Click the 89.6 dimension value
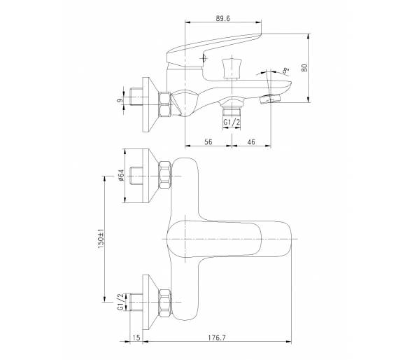pos(222,19)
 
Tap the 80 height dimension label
pos(304,67)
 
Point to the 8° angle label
pos(285,70)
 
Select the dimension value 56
pos(208,142)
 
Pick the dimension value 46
pos(251,142)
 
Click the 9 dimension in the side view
pos(120,101)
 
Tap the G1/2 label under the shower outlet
pos(232,123)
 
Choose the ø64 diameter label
pos(121,175)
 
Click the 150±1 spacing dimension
pos(101,239)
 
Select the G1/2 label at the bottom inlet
pos(120,302)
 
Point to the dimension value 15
pos(136,338)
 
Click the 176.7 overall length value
pos(217,338)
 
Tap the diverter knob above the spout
pos(232,69)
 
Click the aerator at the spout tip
pos(269,99)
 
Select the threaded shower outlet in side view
pos(232,111)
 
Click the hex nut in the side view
pos(165,104)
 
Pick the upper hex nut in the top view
pos(165,175)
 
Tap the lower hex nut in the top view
pos(165,303)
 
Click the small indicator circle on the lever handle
pos(205,58)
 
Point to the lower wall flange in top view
pos(150,303)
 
